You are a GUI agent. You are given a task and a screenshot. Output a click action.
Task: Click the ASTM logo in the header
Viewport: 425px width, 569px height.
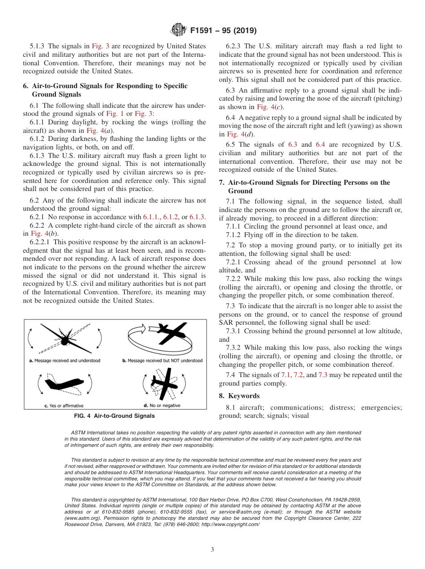[x=178, y=30]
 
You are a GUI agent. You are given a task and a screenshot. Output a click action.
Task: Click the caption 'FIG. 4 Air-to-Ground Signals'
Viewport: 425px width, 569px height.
[x=115, y=416]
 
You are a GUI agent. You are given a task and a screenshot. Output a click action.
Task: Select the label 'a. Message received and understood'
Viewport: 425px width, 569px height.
[x=64, y=361]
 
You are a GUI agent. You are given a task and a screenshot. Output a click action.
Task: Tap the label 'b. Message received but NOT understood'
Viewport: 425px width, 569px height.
[x=162, y=361]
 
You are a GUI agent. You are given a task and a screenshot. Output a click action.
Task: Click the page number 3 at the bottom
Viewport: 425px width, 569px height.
[x=212, y=550]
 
